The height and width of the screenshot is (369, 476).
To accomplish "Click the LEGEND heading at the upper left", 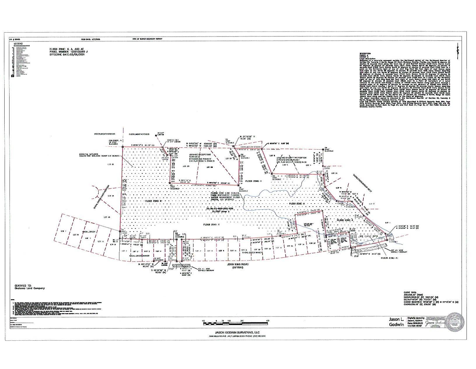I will tap(18, 43).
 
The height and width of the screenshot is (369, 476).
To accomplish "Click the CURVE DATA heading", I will tap(411, 292).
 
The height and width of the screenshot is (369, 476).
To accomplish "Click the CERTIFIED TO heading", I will tap(23, 286).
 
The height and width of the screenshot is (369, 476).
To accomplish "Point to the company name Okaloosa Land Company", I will tap(30, 288).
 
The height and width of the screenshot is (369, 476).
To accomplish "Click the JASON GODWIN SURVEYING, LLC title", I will tap(235, 332).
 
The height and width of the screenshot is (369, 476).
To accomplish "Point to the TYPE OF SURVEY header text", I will tap(147, 39).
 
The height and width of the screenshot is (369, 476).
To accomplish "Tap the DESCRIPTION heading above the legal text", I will tap(365, 54).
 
